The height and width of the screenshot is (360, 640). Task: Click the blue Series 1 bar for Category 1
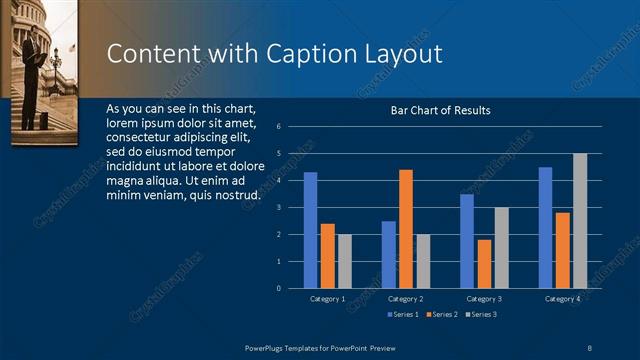[310, 230]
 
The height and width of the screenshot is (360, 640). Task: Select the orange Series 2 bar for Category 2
[405, 229]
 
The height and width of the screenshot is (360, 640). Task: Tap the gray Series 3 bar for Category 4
[580, 221]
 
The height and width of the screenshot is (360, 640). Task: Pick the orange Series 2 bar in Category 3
[484, 264]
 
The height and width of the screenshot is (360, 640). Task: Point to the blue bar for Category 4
[545, 228]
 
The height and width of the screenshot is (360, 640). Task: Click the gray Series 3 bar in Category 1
[345, 261]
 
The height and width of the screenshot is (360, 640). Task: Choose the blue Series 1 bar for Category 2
[388, 255]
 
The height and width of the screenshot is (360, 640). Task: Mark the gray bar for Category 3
[501, 248]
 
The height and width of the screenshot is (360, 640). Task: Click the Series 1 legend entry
[401, 315]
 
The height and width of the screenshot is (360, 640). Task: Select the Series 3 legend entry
[479, 315]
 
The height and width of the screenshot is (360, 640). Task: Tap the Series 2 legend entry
[440, 315]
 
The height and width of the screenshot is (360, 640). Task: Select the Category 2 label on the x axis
[405, 299]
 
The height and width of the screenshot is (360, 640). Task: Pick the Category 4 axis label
[562, 299]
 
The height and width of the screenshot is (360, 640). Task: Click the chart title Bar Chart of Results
[440, 110]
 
